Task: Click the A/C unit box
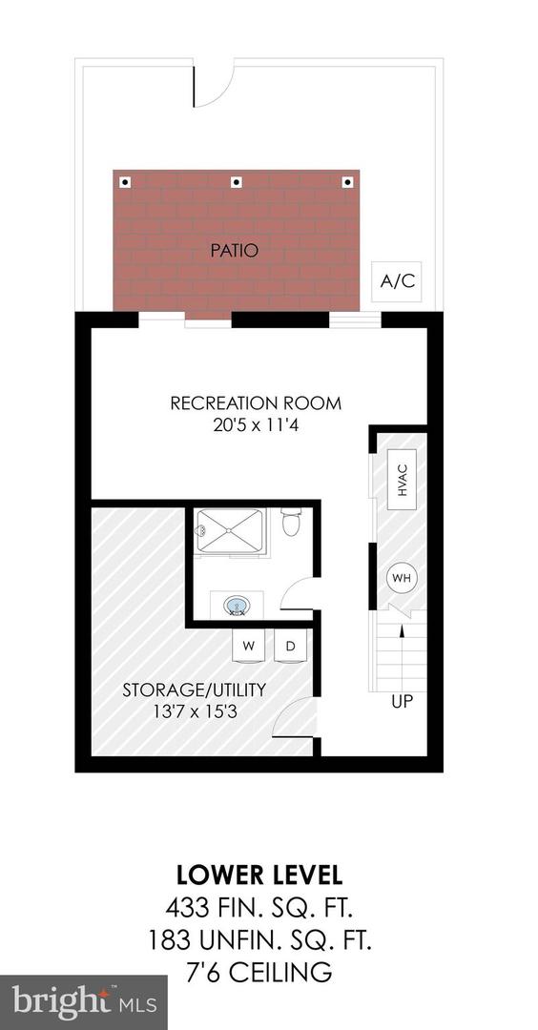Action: pos(397,281)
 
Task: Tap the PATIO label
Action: pos(236,252)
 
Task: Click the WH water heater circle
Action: pos(402,578)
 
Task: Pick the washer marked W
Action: pos(249,646)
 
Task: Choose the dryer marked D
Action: pos(290,646)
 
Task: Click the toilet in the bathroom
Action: pos(291,523)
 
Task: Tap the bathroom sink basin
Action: pos(237,606)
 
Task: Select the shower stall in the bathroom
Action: pos(229,532)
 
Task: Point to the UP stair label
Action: pos(401,702)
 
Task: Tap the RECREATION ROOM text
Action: pos(256,403)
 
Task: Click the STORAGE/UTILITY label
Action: pos(194,690)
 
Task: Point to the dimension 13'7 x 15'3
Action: pos(194,711)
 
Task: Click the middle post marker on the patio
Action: pos(237,182)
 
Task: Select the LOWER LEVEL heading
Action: pos(259,875)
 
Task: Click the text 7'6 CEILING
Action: pos(259,973)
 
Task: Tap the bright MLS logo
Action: pos(83,1002)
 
